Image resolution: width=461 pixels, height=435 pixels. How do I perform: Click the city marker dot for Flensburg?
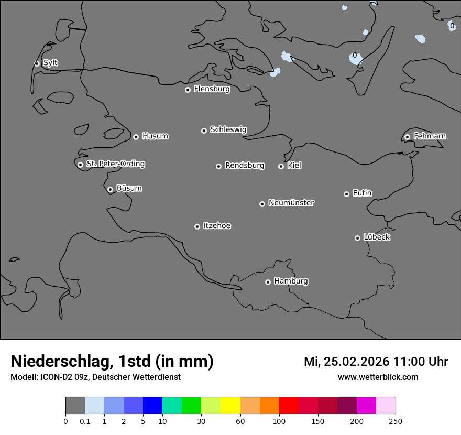coord(188,90)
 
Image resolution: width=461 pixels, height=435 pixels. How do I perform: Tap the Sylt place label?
coord(50,63)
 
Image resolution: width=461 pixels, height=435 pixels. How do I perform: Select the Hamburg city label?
coord(291,281)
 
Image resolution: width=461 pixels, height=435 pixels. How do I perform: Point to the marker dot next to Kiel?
coord(281,166)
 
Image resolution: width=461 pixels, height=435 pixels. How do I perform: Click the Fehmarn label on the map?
coord(430,136)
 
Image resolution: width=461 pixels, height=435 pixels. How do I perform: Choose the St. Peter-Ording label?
coord(115,164)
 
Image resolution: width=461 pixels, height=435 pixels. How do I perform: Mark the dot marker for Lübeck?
coord(357,238)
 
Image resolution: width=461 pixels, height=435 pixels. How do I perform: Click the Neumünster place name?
coord(291,203)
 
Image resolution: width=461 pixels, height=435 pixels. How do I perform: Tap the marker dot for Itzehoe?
coord(197,226)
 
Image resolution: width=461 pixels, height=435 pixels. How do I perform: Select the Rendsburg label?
coord(245,166)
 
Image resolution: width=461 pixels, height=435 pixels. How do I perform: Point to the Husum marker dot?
coord(136,137)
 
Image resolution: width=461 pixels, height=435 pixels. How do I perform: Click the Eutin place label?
coord(362,193)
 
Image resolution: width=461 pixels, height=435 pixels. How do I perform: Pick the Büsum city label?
coord(129,188)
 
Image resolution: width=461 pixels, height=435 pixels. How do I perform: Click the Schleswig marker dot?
coord(204,130)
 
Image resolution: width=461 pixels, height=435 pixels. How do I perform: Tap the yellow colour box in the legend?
coord(230,406)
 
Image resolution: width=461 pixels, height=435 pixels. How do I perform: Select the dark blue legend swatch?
coord(152,406)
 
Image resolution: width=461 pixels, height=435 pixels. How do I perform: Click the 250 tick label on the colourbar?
coord(396,421)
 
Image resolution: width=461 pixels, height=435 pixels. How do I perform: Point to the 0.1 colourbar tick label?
coord(85,421)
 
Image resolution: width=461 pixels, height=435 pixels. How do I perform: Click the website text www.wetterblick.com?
coord(378,377)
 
